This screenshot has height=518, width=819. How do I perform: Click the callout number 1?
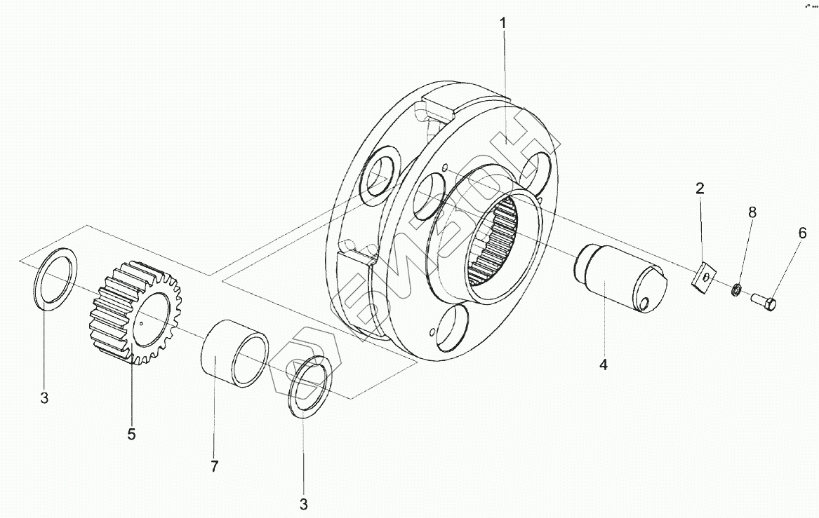(502, 23)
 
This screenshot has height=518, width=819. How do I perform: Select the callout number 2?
(700, 188)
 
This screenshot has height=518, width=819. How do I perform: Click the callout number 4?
(602, 364)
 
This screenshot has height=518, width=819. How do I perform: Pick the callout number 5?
(131, 434)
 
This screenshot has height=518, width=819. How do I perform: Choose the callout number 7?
(215, 465)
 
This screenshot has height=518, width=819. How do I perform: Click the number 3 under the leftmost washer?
(44, 399)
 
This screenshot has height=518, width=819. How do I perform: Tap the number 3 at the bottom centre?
(304, 503)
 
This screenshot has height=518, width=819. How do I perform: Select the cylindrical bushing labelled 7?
(235, 353)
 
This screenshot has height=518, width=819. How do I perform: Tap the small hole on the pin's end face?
(643, 303)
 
